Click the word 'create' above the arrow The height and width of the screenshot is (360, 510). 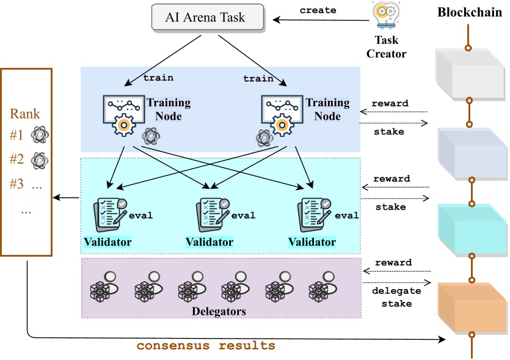tap(318, 10)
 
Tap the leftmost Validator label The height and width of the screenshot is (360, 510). tap(107, 242)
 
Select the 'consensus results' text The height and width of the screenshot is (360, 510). tap(206, 345)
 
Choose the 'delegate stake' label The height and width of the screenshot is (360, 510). tap(392, 297)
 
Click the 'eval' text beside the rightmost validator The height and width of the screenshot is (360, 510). tap(347, 215)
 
